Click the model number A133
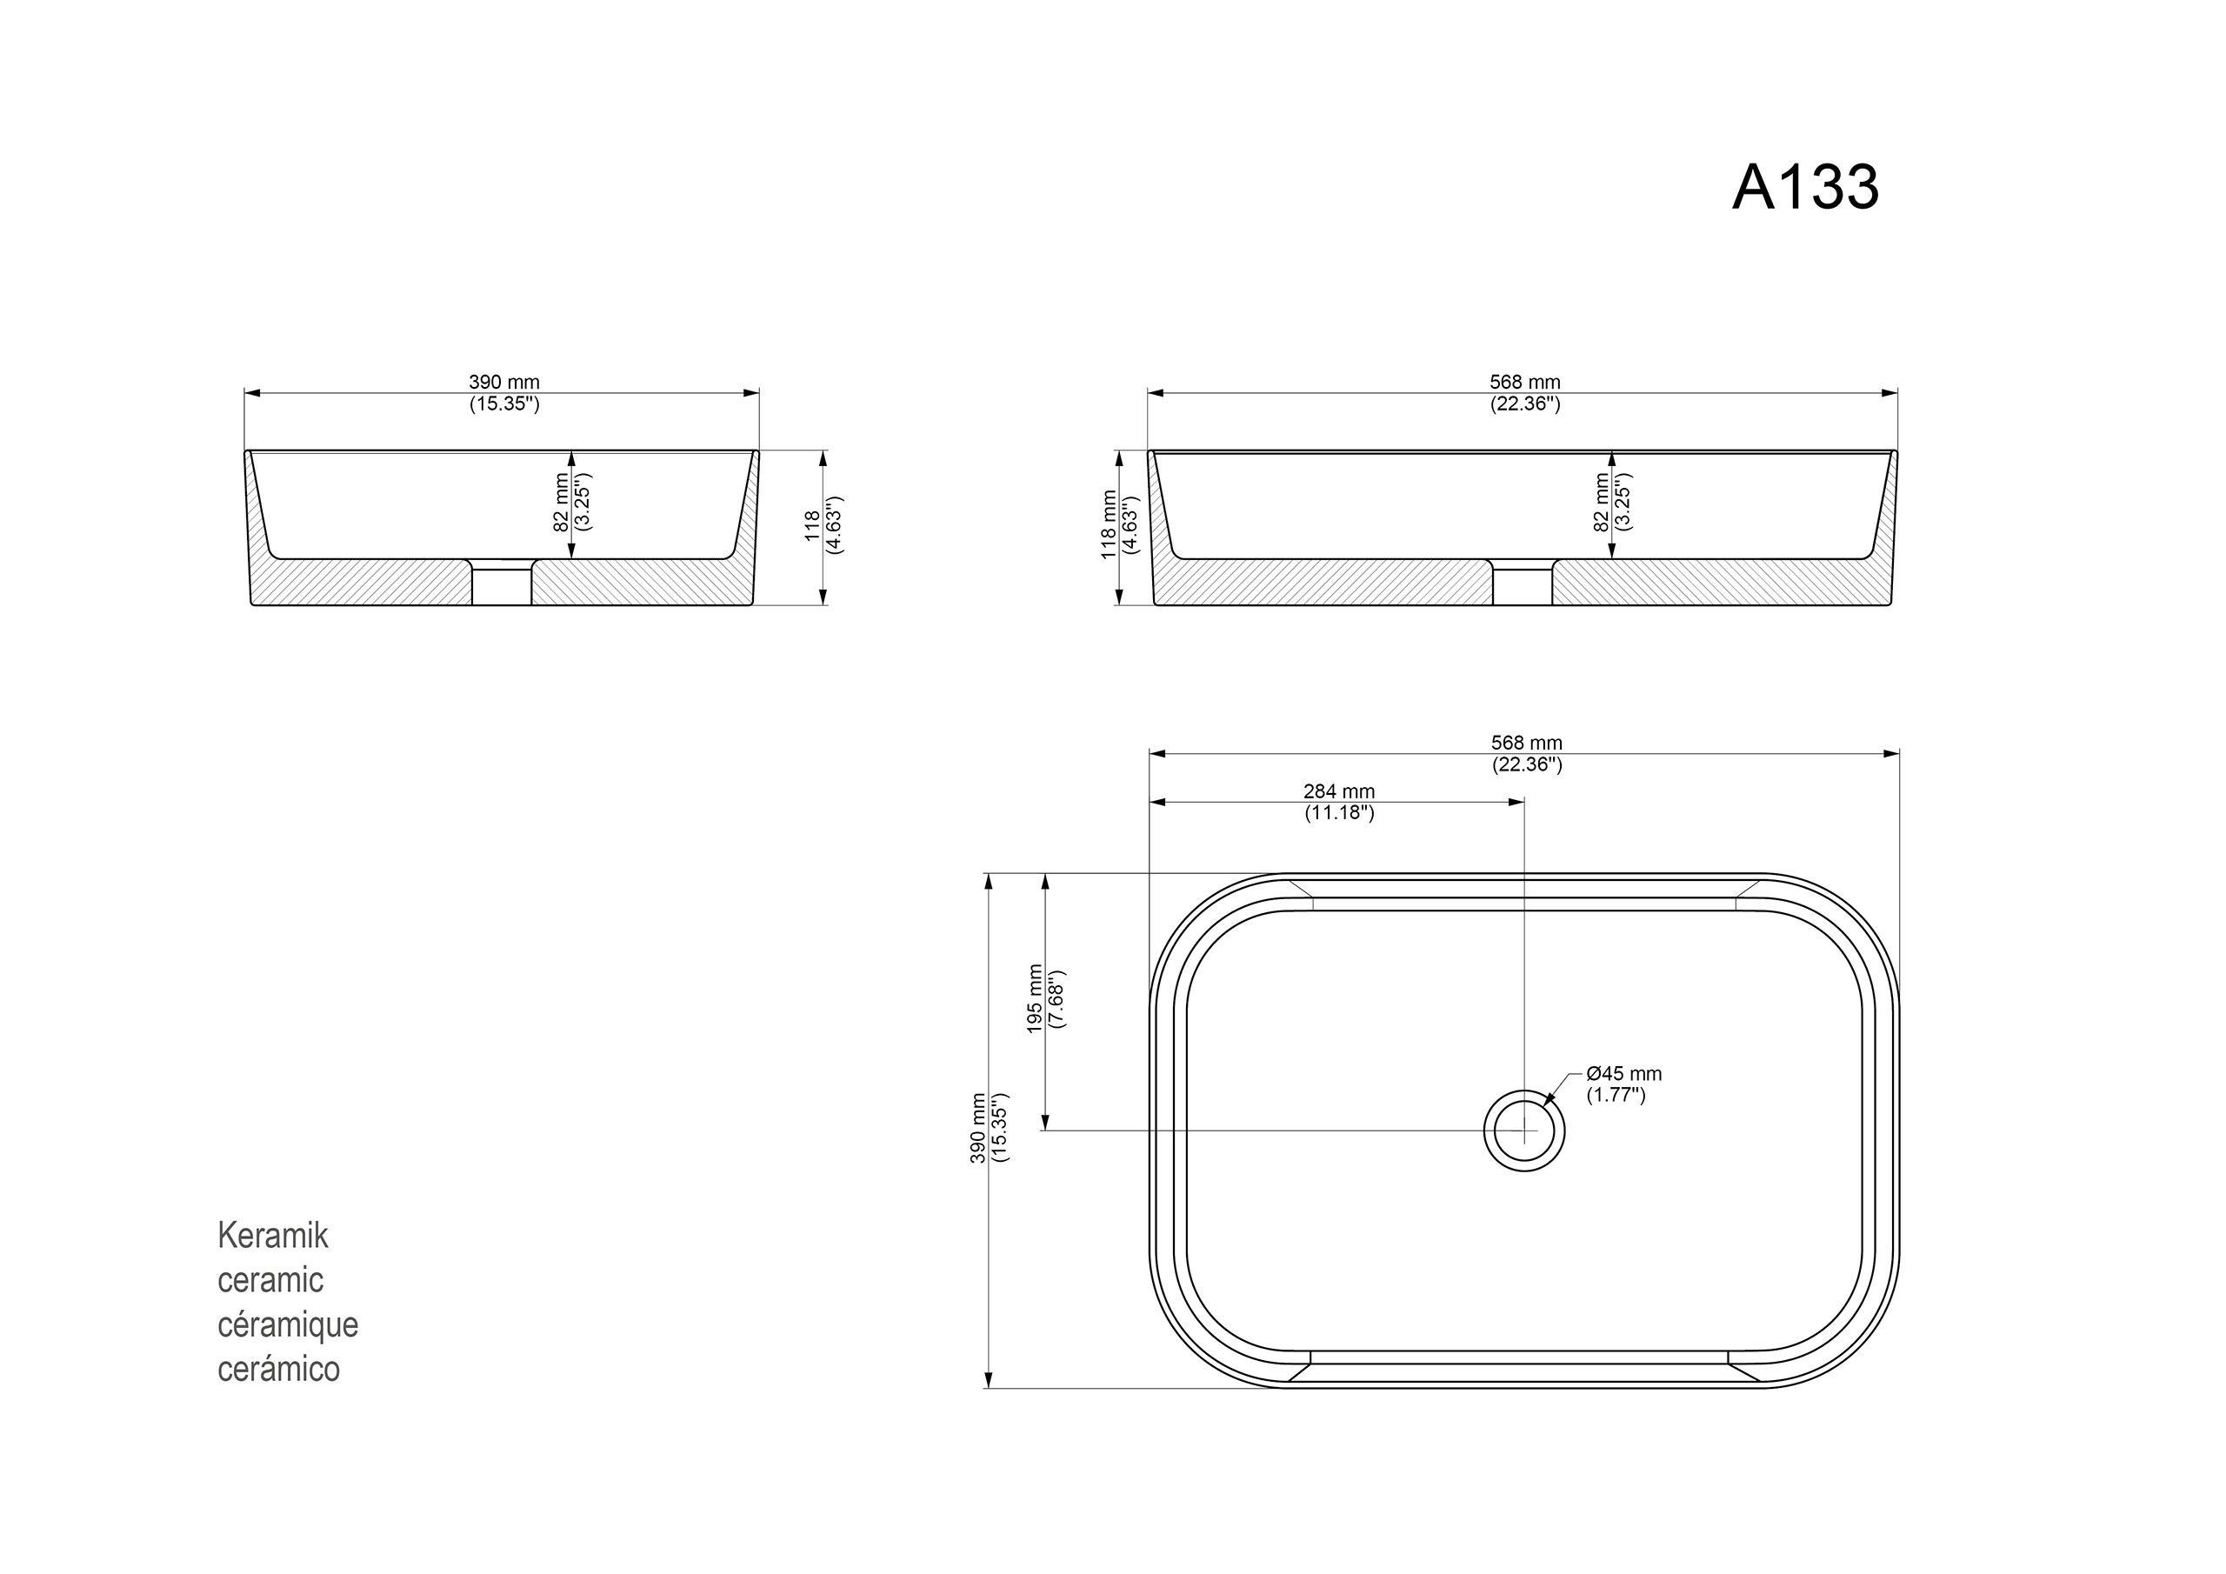[1805, 186]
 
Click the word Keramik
[272, 1236]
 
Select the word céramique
[288, 1324]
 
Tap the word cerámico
[278, 1369]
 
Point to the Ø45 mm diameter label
[1624, 1074]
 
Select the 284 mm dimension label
[1339, 792]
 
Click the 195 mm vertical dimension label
[1036, 999]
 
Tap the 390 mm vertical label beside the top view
[978, 1128]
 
